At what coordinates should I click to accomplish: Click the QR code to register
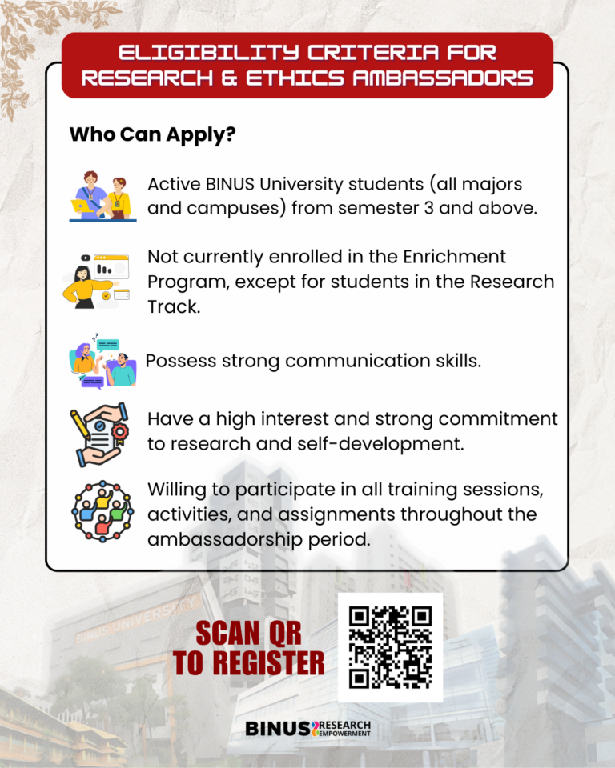(391, 647)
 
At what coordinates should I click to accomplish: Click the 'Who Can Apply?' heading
(152, 134)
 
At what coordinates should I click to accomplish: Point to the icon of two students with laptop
(102, 197)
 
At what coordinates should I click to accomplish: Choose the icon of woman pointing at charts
(97, 282)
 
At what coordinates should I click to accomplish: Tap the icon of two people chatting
(102, 362)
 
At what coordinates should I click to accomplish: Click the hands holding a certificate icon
(99, 434)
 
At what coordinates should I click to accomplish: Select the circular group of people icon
(102, 511)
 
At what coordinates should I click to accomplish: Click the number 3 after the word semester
(428, 208)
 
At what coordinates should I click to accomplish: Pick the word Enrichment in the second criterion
(454, 257)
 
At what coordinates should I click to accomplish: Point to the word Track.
(174, 306)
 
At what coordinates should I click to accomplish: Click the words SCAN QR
(249, 634)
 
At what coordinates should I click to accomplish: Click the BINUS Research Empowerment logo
(308, 728)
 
